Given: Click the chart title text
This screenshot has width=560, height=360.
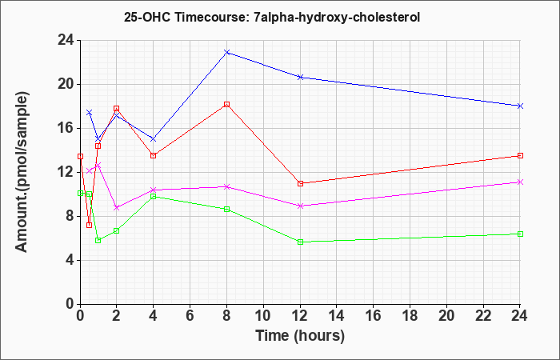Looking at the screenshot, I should click(273, 16).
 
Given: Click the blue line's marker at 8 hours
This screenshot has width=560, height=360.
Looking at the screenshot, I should click(227, 52).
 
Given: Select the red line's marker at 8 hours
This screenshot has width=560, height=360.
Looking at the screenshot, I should click(227, 104).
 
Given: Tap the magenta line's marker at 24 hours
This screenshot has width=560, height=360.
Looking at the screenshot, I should click(521, 182).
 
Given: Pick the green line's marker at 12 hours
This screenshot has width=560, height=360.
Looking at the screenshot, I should click(300, 242).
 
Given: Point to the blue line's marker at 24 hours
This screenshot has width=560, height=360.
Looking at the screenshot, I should click(521, 106).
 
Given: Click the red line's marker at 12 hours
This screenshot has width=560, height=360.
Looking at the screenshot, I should click(300, 183).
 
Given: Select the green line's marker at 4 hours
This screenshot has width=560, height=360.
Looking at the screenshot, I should click(153, 196).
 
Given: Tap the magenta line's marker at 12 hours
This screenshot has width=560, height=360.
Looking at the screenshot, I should click(300, 206).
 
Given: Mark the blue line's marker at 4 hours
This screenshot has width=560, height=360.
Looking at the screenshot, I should click(153, 138).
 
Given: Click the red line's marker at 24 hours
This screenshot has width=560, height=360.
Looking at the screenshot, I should click(521, 155).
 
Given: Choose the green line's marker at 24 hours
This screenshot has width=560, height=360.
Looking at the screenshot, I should click(521, 234).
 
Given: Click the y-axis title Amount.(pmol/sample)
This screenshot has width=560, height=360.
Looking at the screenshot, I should click(23, 172).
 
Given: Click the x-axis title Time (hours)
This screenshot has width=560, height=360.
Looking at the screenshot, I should click(300, 335).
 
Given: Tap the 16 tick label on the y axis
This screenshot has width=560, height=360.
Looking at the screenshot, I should click(64, 128).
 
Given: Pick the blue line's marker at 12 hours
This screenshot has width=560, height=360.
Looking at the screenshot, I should click(300, 77).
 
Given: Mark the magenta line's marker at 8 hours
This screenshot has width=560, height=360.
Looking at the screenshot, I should click(227, 186).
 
